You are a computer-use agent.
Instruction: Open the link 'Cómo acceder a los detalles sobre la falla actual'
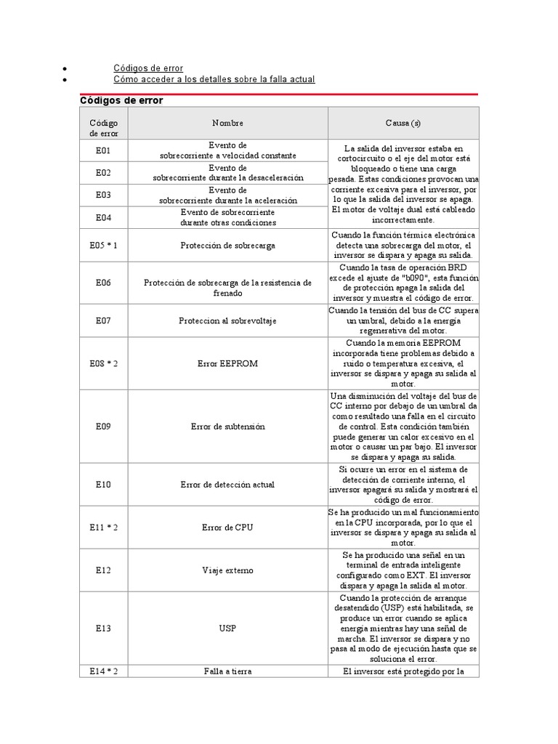[214, 78]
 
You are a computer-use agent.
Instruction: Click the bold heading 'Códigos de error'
[121, 100]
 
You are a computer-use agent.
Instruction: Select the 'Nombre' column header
[227, 124]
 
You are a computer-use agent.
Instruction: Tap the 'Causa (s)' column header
[403, 124]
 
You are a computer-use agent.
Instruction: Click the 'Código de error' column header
[103, 128]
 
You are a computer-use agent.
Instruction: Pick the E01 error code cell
[103, 151]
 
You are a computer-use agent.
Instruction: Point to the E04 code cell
[103, 217]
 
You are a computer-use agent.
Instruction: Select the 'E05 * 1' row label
[103, 246]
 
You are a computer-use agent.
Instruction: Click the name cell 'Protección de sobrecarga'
[227, 246]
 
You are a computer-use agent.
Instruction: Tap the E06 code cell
[103, 283]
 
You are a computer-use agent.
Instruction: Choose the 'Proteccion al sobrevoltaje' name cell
[227, 320]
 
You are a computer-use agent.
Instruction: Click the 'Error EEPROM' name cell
[227, 363]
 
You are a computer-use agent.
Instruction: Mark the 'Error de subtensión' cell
[227, 427]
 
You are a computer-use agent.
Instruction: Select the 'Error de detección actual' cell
[227, 485]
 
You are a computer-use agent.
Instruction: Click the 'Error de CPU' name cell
[227, 527]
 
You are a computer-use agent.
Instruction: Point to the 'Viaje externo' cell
[227, 570]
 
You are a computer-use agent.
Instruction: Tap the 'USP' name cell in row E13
[227, 628]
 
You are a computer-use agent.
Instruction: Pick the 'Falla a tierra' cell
[227, 671]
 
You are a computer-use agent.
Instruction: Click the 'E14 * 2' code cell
[103, 671]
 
